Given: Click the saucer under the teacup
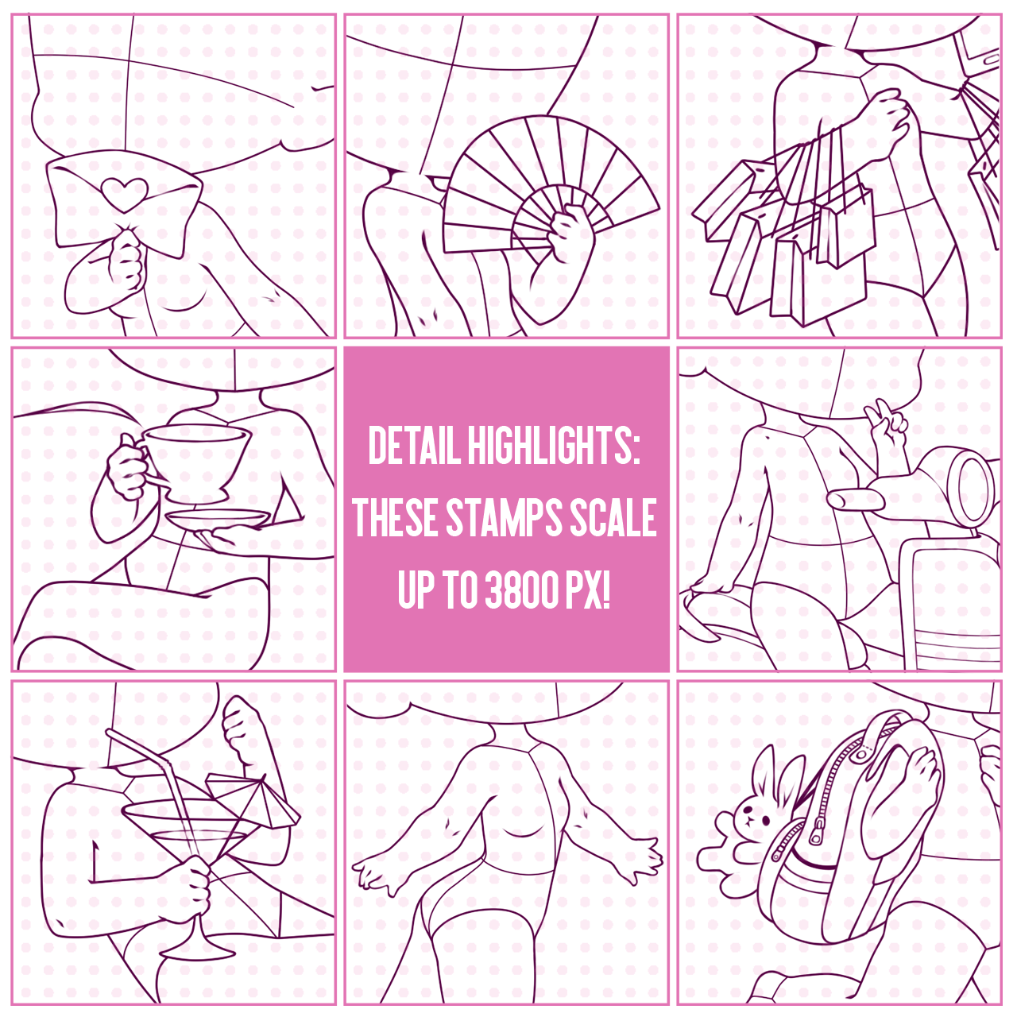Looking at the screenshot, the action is tap(218, 520).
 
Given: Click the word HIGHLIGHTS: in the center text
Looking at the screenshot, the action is tap(554, 447).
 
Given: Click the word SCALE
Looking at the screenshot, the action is tap(614, 518).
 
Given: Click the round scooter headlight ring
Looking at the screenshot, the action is tap(973, 488).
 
